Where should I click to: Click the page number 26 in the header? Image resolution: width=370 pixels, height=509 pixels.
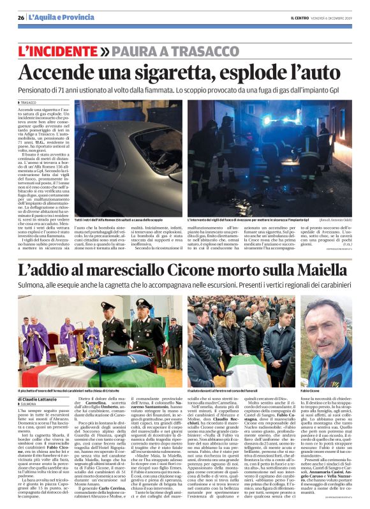[22, 18]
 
